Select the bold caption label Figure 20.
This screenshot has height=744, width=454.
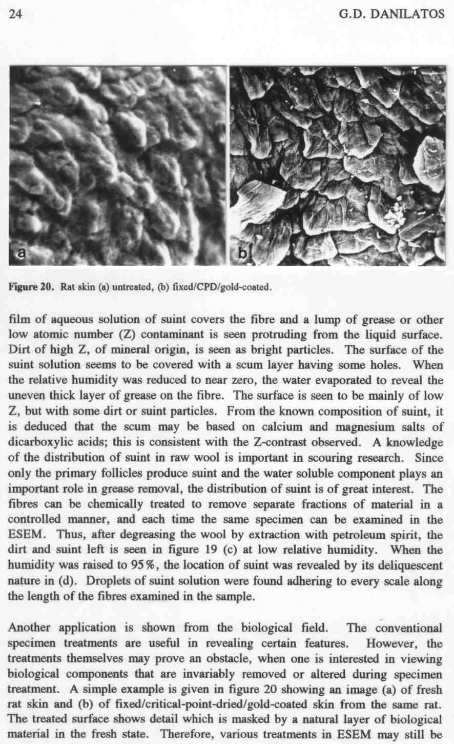[x=31, y=287]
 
